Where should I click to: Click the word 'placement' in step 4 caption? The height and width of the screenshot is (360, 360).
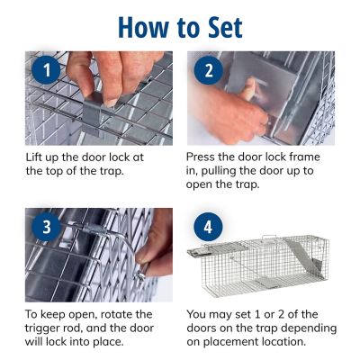[228, 342]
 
